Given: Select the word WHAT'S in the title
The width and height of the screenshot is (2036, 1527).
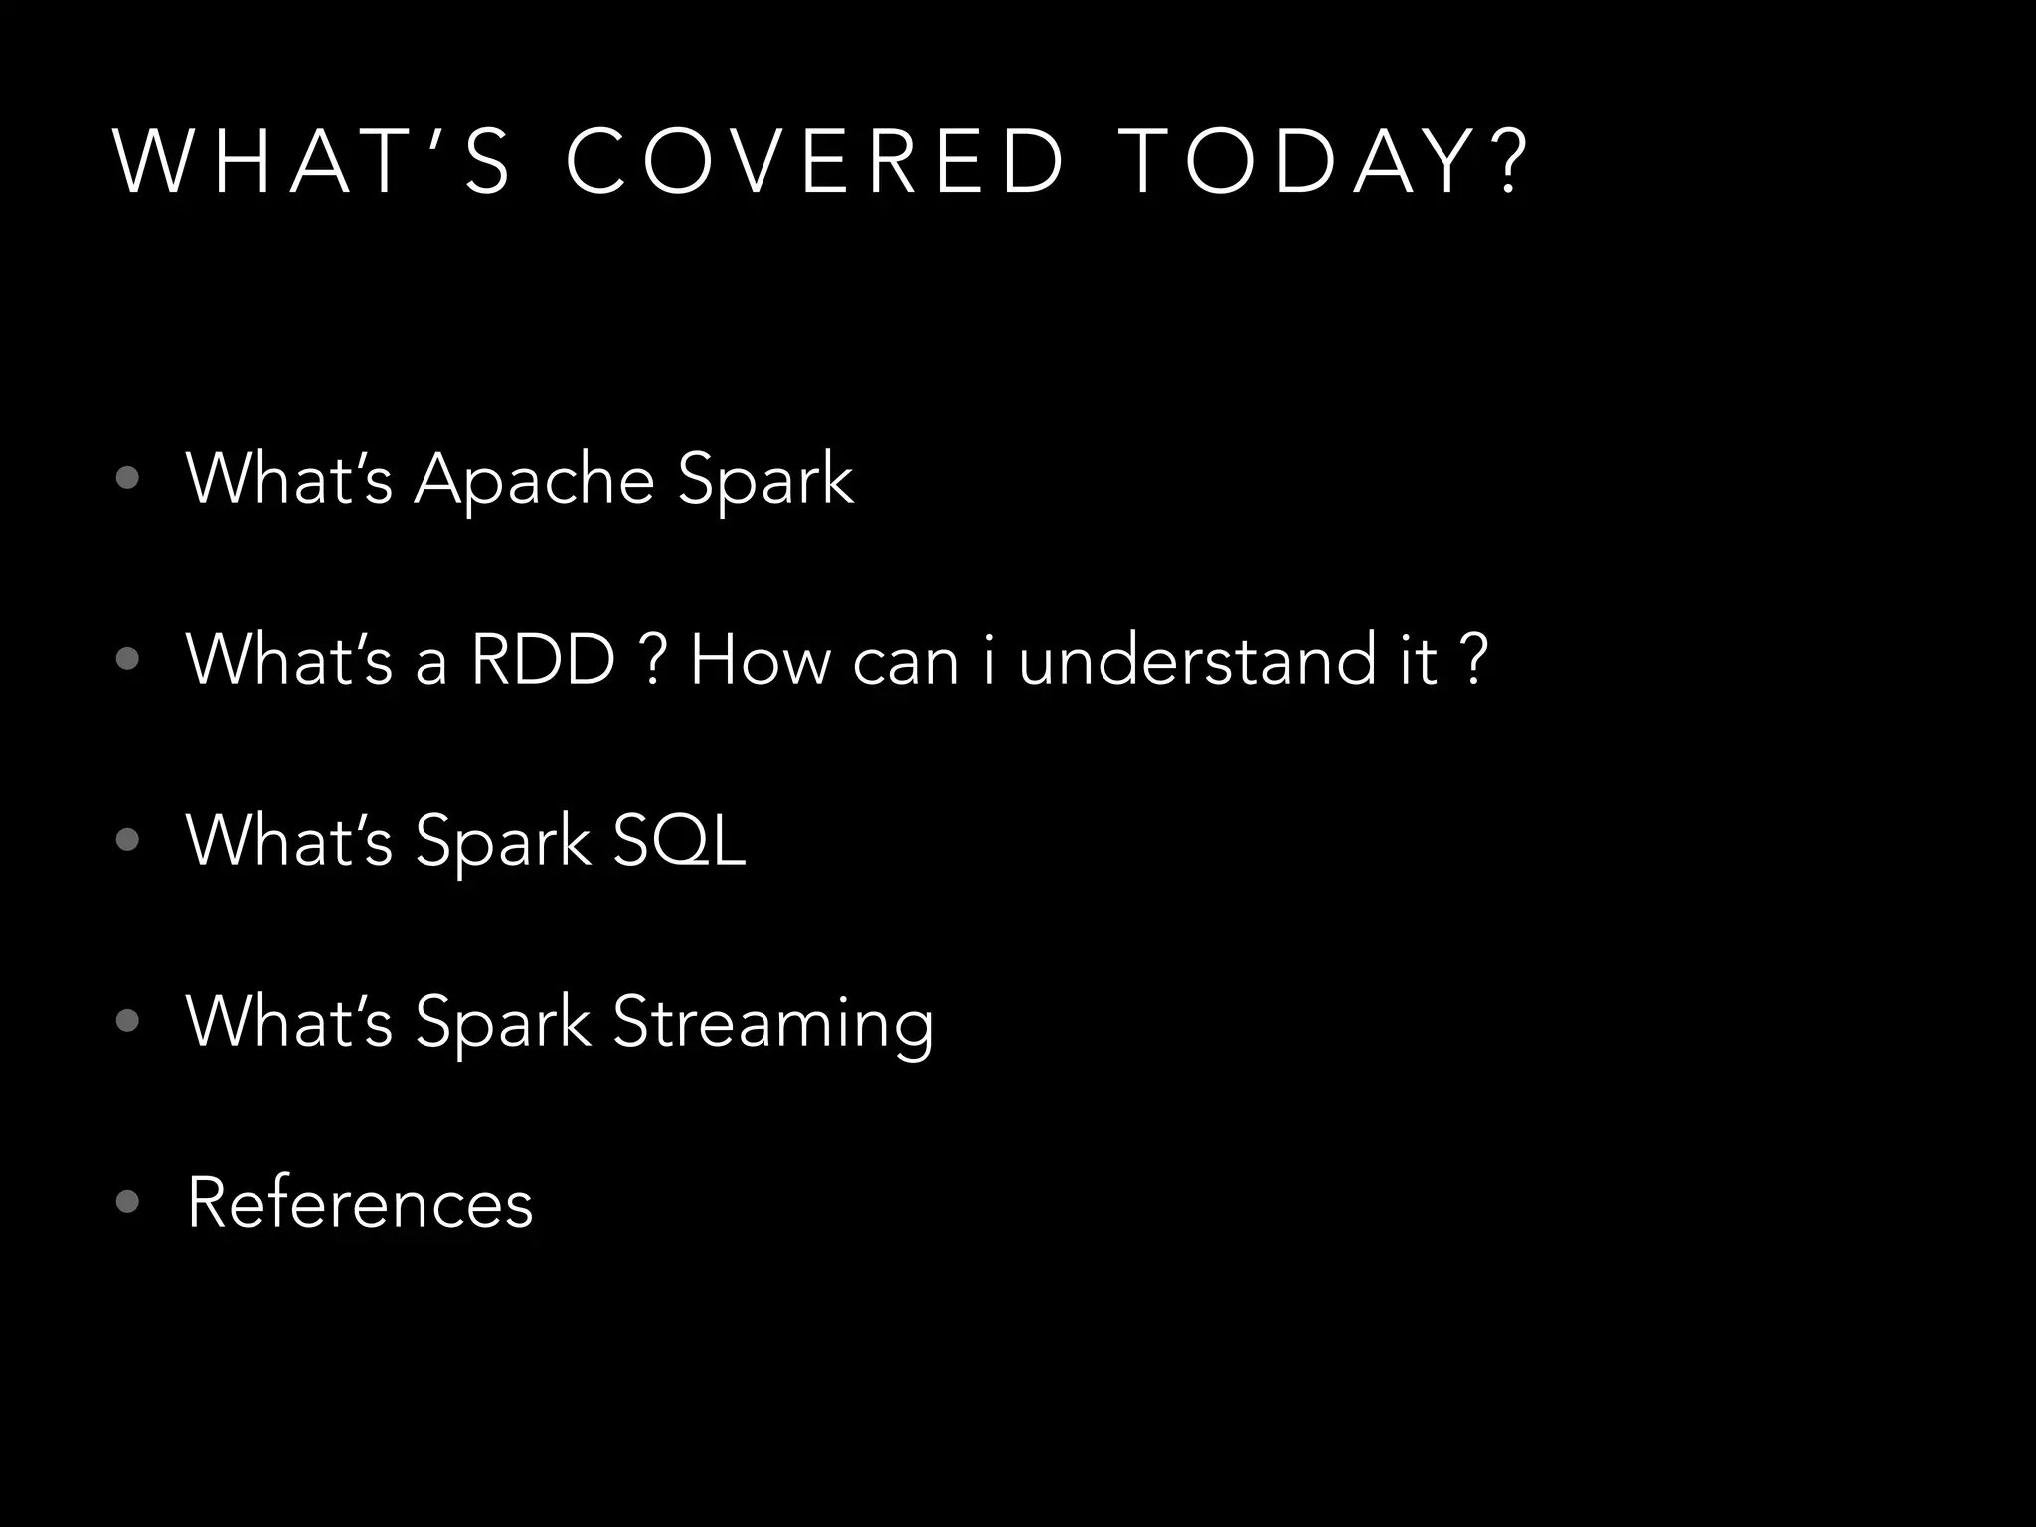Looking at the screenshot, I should [x=313, y=162].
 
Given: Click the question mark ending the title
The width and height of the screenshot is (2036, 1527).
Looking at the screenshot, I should [x=1509, y=162].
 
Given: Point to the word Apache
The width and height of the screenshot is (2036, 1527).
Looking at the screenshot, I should [x=534, y=481].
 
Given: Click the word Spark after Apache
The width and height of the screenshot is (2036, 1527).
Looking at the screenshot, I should [x=765, y=481].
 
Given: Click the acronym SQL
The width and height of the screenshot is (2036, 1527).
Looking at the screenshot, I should [x=679, y=841].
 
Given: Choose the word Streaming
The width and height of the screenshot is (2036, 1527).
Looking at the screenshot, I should [x=773, y=1023].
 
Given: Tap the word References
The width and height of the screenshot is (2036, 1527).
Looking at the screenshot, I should [x=360, y=1203].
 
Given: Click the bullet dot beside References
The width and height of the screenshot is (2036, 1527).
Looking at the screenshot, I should [x=127, y=1202].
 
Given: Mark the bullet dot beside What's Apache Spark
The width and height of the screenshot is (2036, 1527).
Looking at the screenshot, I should [x=127, y=479].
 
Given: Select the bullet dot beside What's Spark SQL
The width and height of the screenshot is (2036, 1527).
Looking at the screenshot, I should [x=127, y=840].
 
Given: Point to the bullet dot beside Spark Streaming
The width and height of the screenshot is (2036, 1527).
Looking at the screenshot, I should [x=127, y=1021].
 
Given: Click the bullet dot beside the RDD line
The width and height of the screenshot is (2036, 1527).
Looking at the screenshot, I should [x=127, y=658].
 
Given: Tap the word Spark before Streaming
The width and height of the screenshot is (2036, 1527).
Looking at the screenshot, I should [x=503, y=1023].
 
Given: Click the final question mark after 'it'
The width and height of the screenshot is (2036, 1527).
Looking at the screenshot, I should [x=1476, y=659].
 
